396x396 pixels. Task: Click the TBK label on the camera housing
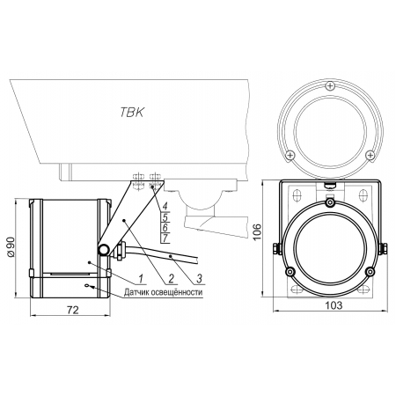coord(132,112)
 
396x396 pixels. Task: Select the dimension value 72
coord(73,310)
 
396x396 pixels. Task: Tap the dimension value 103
coord(334,305)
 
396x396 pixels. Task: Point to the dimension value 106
coord(257,231)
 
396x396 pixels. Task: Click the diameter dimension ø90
coord(11,248)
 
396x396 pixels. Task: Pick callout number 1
coord(142,278)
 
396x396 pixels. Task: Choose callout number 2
coord(171,278)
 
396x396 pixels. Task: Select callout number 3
coord(200,278)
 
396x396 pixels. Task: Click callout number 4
coord(165,206)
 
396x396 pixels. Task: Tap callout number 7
coord(165,238)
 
